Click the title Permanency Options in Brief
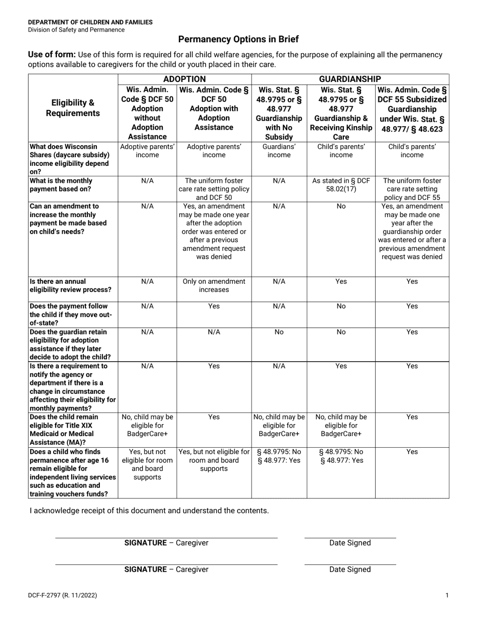click(238, 39)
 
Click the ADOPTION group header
click(184, 79)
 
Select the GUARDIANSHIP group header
click(350, 79)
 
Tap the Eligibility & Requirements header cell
click(73, 108)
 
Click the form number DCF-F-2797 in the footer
click(63, 595)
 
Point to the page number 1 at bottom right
click(447, 595)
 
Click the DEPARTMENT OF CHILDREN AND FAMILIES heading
click(90, 22)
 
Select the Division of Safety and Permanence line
click(76, 30)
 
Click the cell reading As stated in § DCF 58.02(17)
click(341, 185)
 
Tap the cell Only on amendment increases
click(214, 285)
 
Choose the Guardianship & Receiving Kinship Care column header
click(341, 114)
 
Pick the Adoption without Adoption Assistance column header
click(147, 114)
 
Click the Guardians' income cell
click(279, 151)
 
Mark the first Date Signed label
click(350, 543)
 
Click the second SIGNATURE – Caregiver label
click(166, 569)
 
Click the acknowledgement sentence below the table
click(149, 510)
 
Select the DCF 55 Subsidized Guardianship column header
click(412, 109)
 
